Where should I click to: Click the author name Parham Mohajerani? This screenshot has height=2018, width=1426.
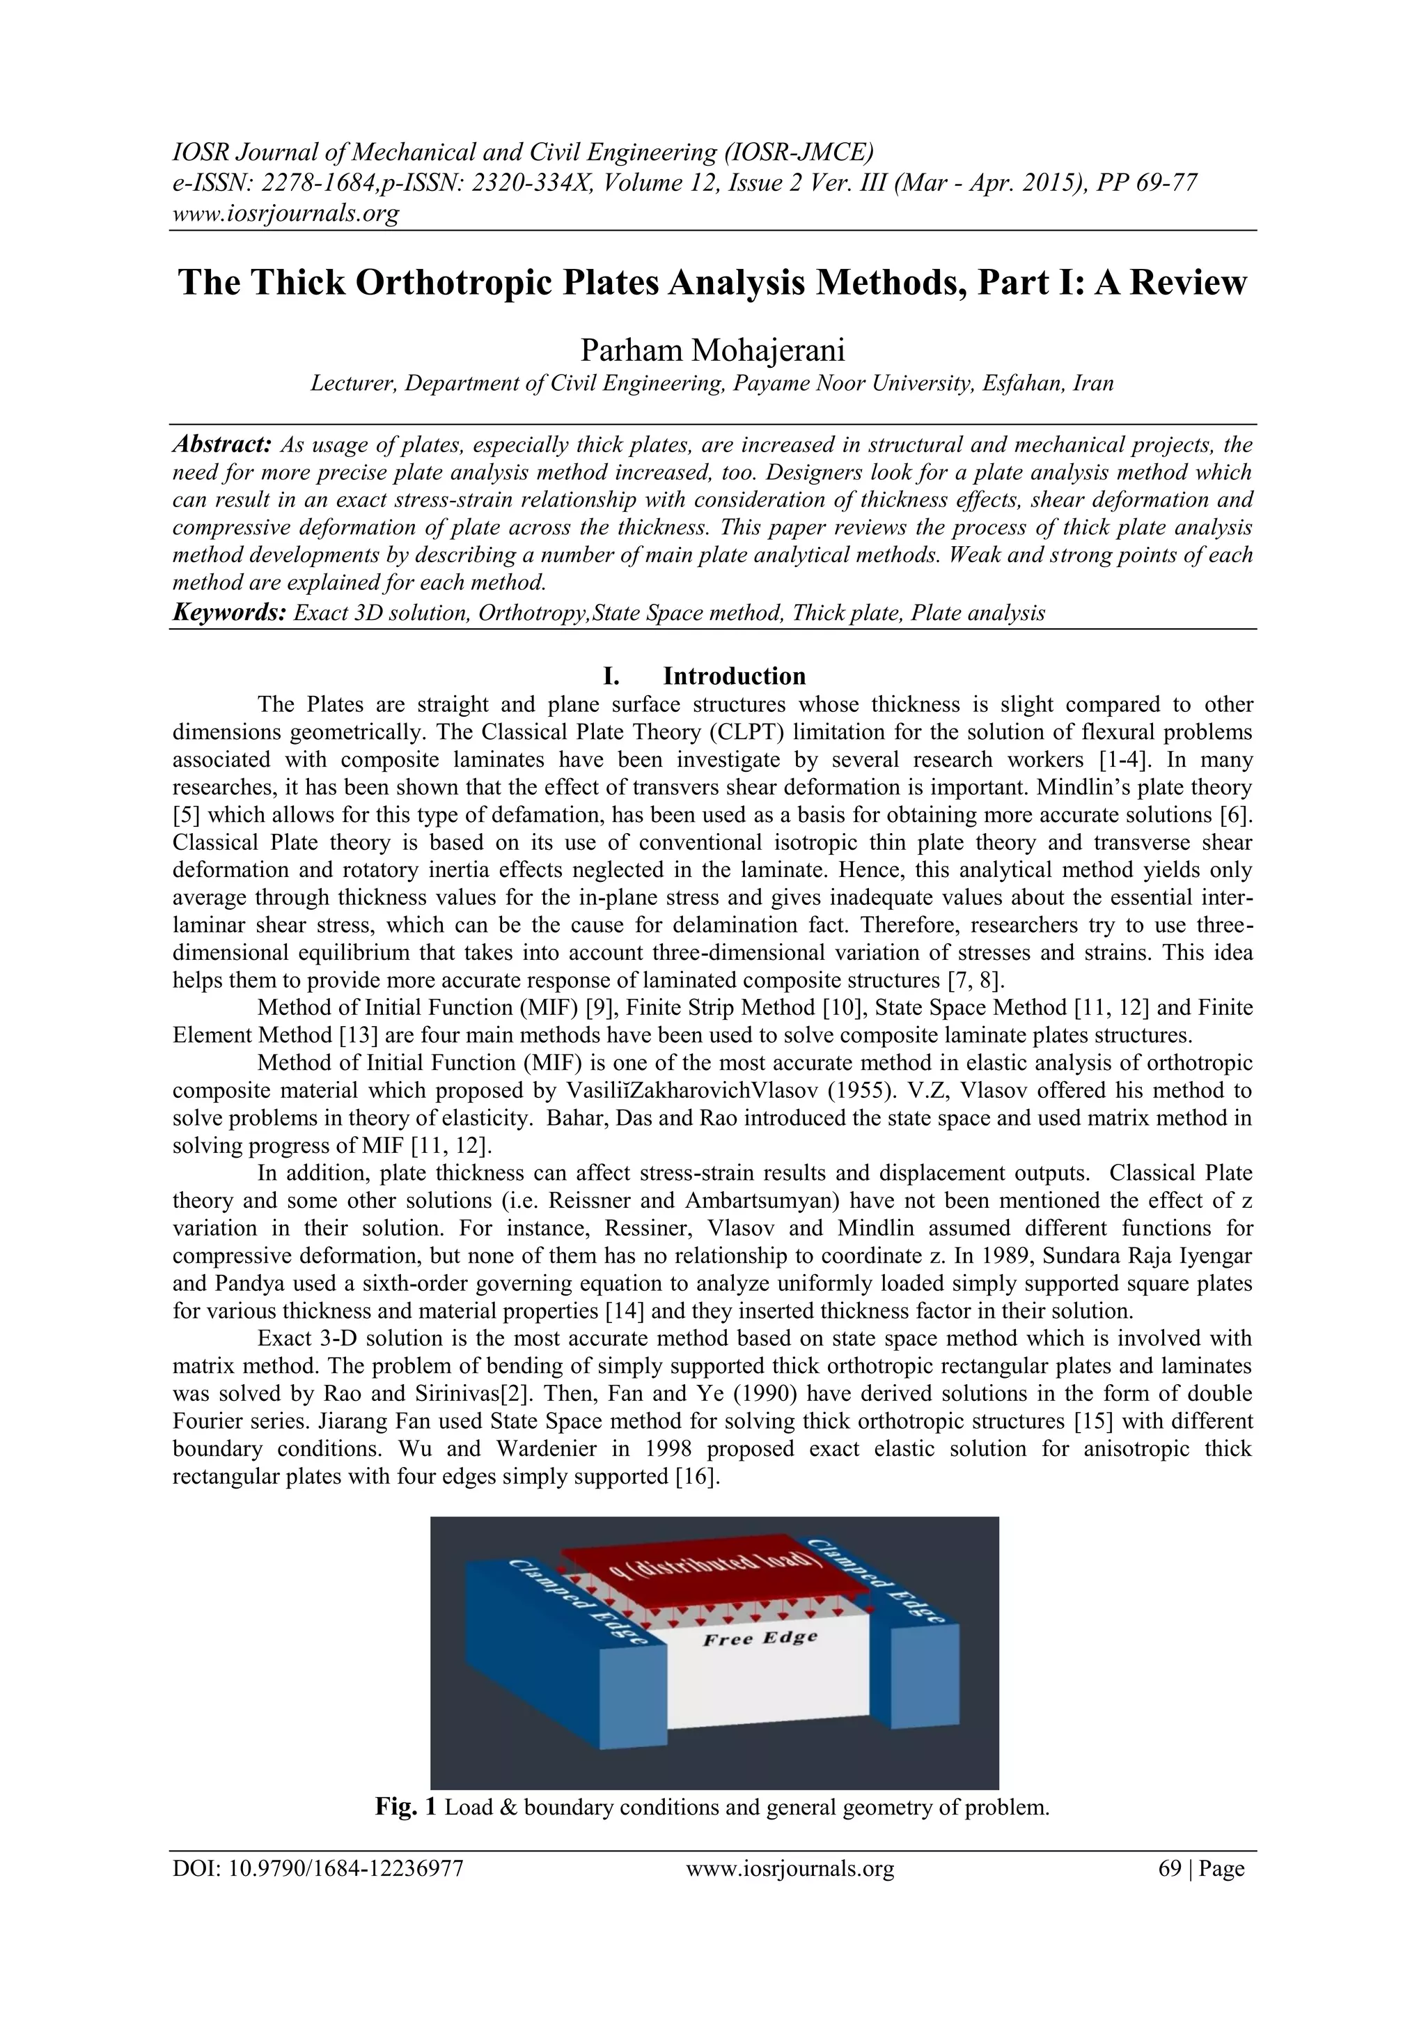pyautogui.click(x=712, y=350)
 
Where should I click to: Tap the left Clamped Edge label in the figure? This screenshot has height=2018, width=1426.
pyautogui.click(x=578, y=1601)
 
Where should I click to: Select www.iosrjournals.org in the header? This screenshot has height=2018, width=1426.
pyautogui.click(x=285, y=212)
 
